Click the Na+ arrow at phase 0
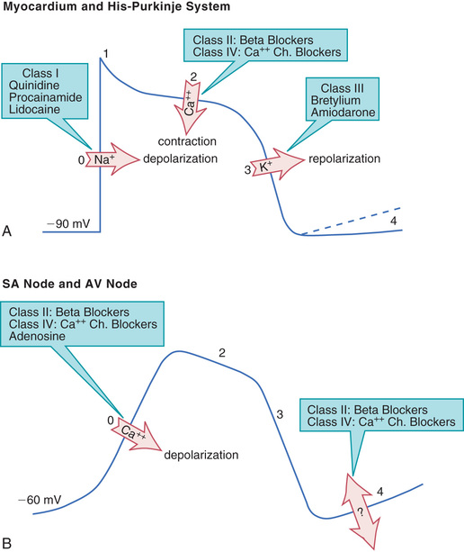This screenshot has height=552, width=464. (x=112, y=159)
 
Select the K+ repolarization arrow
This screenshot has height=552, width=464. (x=277, y=165)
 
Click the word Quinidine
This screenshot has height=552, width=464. (x=34, y=86)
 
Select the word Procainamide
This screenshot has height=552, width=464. (x=45, y=97)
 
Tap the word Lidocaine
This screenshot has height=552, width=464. (x=34, y=109)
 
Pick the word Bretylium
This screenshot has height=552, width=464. (x=335, y=101)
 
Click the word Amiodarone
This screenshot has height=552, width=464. (x=344, y=113)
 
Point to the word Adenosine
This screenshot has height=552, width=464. (x=37, y=336)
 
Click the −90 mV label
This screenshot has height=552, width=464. (x=68, y=224)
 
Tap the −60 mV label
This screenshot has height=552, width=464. (x=40, y=500)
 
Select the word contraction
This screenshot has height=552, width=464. (x=187, y=141)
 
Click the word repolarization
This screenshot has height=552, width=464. (x=344, y=159)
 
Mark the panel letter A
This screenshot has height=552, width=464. (x=6, y=231)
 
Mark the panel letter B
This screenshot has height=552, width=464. (x=6, y=543)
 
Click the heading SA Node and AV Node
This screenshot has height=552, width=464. (x=69, y=284)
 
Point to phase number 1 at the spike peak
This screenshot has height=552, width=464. (x=106, y=54)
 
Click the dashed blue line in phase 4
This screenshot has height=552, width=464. (x=352, y=222)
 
